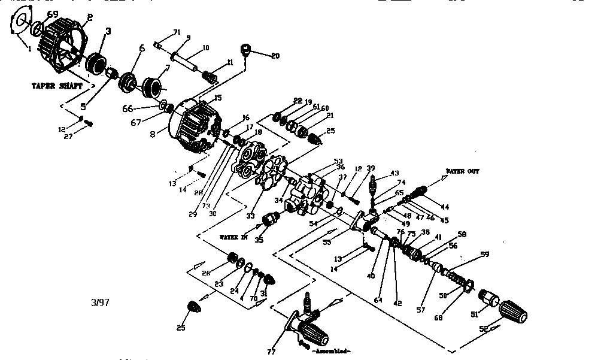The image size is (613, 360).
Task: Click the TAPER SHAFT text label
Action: click(x=57, y=86)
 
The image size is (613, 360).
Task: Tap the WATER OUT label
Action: click(x=462, y=171)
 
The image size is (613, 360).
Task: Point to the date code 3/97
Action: click(x=100, y=303)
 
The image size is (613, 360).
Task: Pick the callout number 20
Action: click(x=275, y=56)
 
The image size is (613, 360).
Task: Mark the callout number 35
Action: click(x=259, y=241)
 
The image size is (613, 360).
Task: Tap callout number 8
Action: click(x=153, y=135)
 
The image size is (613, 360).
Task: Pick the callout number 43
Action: click(x=394, y=173)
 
